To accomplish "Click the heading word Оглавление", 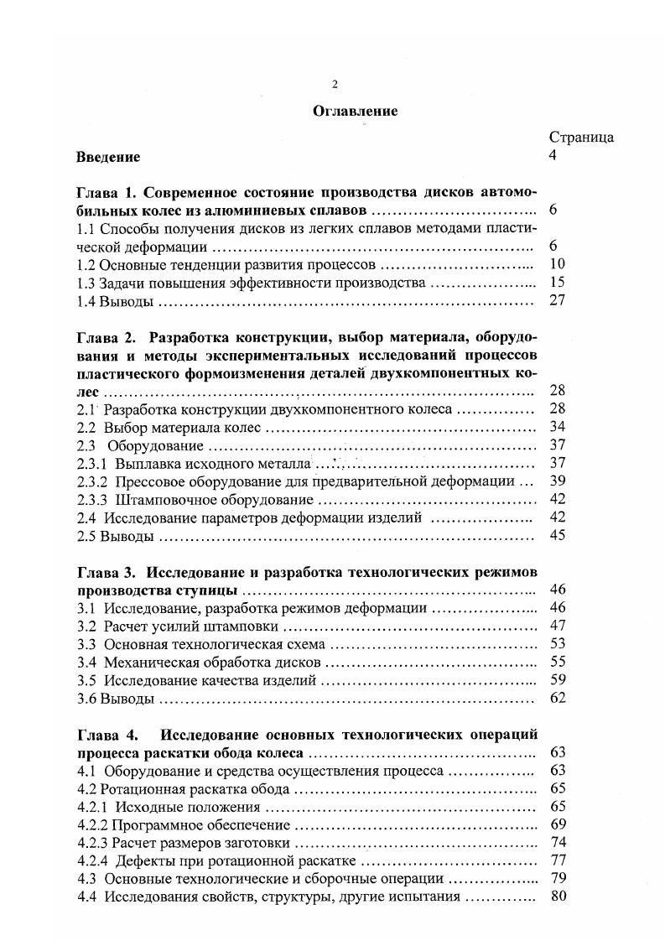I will [x=355, y=110].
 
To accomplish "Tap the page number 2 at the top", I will [x=335, y=83].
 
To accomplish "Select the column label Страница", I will [x=581, y=138].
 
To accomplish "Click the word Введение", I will [x=108, y=157].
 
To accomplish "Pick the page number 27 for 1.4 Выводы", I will [x=558, y=301].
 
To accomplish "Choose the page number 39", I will [x=558, y=482].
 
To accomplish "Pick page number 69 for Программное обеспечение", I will [x=558, y=824].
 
